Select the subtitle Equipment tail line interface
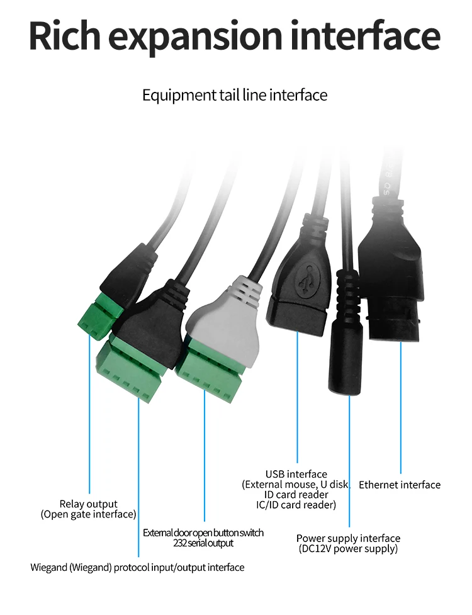[235, 96]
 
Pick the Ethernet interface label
[400, 485]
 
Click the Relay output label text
[89, 504]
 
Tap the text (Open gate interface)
[89, 514]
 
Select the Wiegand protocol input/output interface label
[137, 568]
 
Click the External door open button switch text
[203, 533]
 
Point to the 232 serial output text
[203, 543]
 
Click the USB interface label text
[296, 474]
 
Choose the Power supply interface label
[348, 538]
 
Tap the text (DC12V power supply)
[348, 549]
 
